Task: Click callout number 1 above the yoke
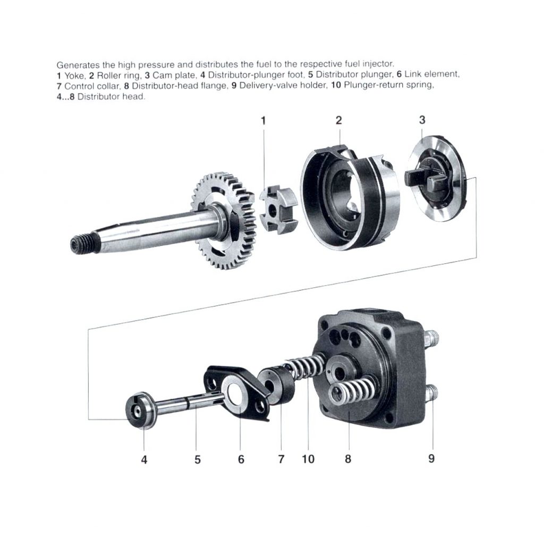coord(263,121)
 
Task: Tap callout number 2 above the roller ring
coord(338,120)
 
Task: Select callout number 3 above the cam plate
coord(422,120)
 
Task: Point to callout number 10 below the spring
coord(308,458)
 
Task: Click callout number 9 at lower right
coord(431,458)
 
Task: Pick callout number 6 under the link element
coord(241,459)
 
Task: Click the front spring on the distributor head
coord(352,393)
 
